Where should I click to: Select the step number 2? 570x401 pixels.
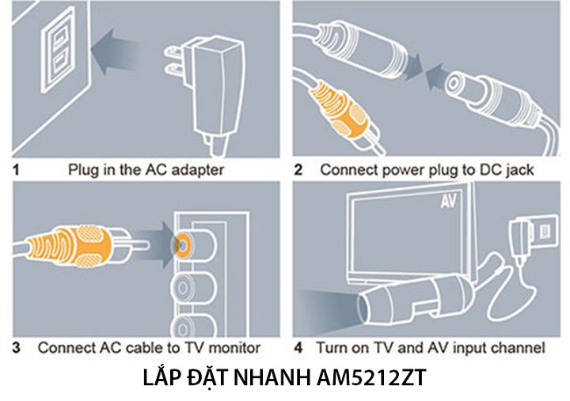pos(298,168)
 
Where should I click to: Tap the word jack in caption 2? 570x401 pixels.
pos(519,168)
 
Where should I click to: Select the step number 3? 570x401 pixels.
pos(17,347)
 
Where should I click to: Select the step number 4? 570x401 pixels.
pos(298,347)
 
